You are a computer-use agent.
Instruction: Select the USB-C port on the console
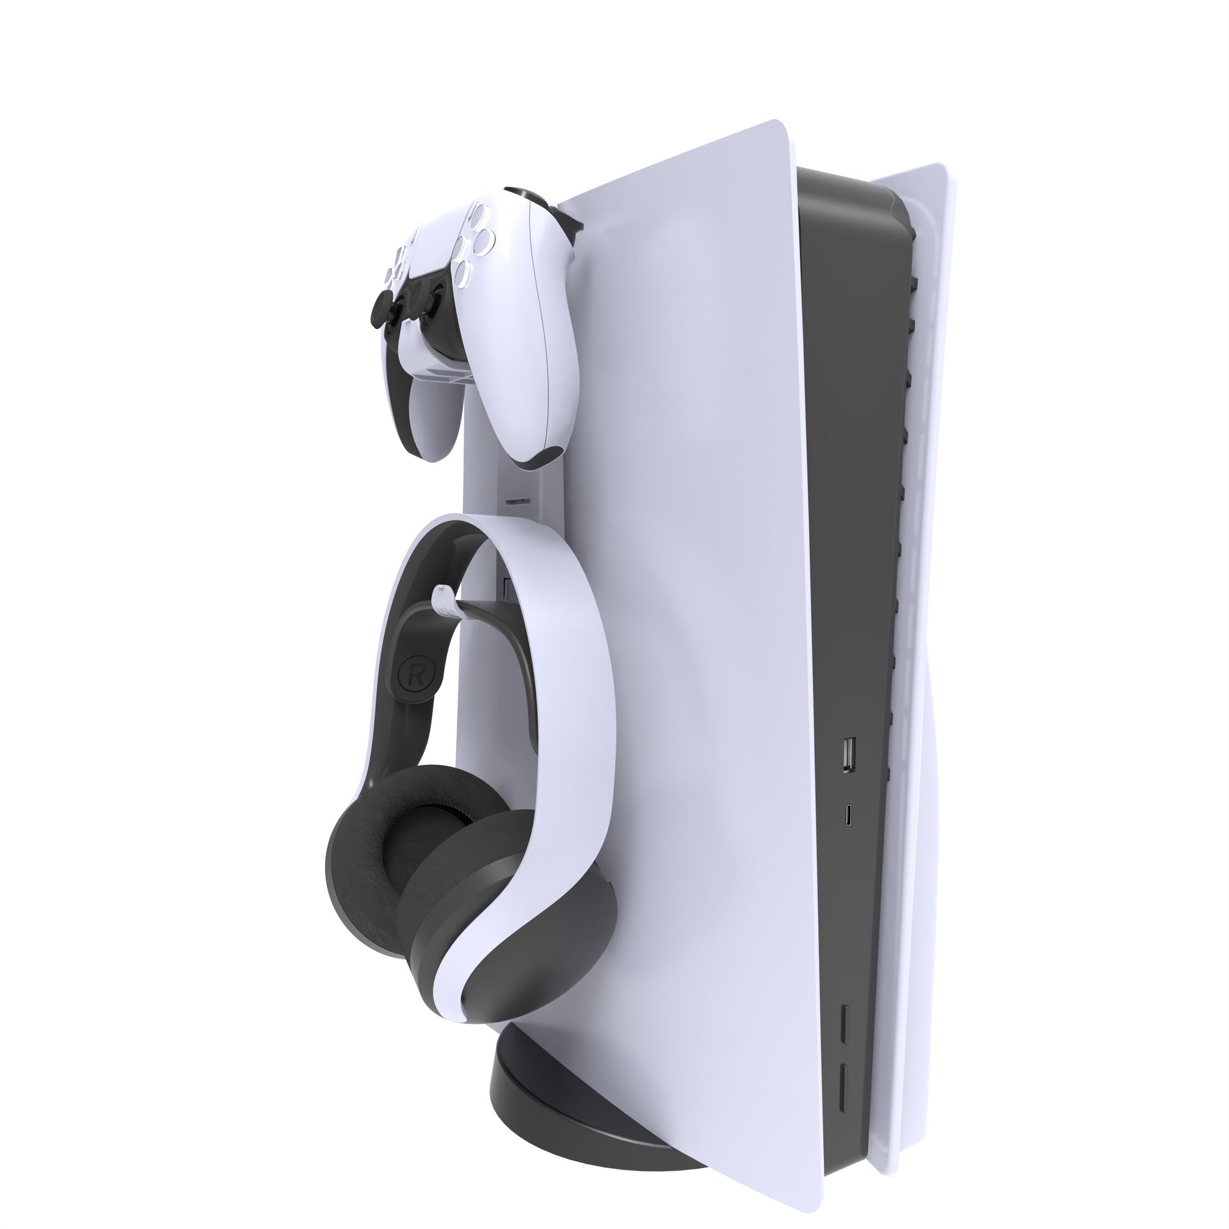click(x=848, y=815)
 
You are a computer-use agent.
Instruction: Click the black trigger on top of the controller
click(x=522, y=198)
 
